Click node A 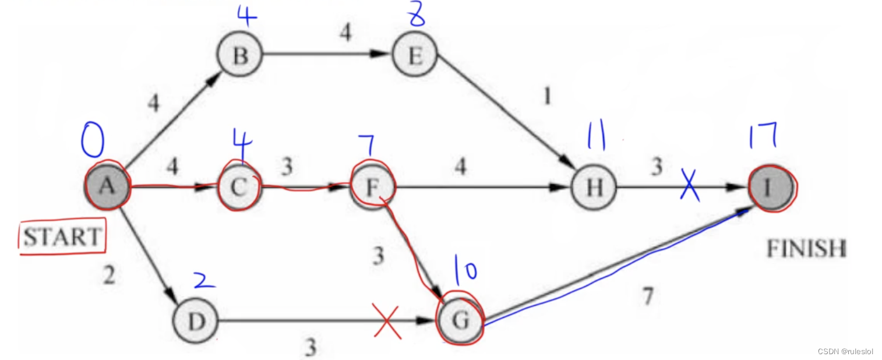[107, 186]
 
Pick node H [593, 188]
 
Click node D [195, 321]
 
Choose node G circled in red [460, 321]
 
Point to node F [373, 188]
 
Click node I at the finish [771, 188]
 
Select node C [240, 188]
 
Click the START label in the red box [62, 237]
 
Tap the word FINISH [806, 249]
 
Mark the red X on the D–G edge [388, 322]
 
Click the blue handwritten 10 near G [466, 272]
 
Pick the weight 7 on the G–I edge [647, 296]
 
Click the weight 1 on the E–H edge [546, 96]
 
